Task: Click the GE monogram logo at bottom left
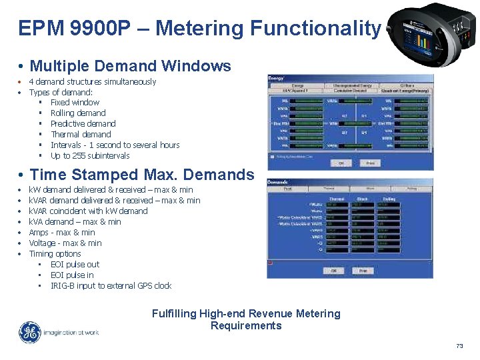point(29,332)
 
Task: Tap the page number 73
point(459,346)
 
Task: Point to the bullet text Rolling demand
point(78,113)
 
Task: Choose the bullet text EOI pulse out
point(75,265)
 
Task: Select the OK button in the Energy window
point(341,163)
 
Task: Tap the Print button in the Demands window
point(363,271)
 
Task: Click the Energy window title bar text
point(276,78)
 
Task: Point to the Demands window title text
point(279,182)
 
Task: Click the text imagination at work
point(71,332)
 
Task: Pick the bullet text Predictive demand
point(83,124)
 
